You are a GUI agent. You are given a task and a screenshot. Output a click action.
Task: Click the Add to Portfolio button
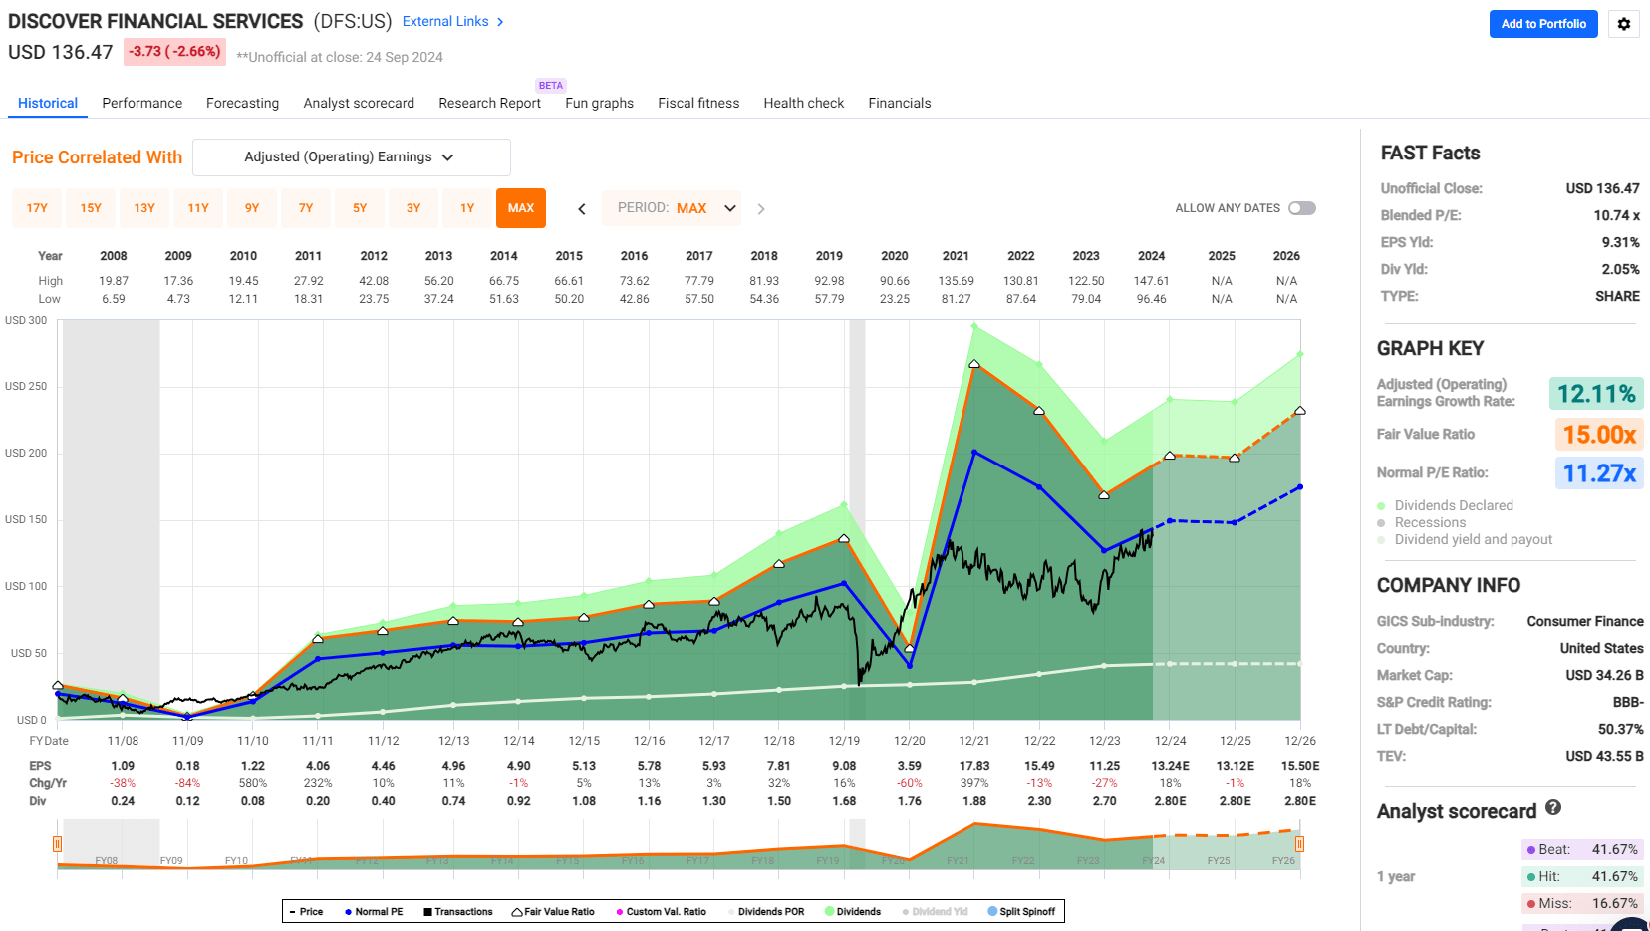coord(1542,24)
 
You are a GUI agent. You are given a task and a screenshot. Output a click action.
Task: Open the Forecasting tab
coord(242,103)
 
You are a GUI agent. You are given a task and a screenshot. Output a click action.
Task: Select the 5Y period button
coord(360,208)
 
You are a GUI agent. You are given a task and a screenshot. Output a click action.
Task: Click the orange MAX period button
coord(520,208)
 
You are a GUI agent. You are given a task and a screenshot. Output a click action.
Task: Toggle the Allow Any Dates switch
coord(1301,208)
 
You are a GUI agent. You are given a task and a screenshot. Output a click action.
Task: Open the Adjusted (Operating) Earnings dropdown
coord(351,157)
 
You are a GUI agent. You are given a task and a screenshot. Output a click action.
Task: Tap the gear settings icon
coord(1623,24)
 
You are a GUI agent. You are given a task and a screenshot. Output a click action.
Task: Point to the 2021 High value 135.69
coord(956,281)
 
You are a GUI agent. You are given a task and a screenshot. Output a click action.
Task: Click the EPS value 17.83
coord(973,766)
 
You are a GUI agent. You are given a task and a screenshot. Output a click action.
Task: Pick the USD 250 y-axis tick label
coord(26,386)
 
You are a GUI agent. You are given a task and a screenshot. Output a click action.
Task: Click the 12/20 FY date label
coord(909,741)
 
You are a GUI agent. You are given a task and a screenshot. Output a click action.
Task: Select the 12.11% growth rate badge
coord(1595,394)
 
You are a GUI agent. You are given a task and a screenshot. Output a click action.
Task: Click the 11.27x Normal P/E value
coord(1598,473)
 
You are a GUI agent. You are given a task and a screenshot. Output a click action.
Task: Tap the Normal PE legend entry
coord(374,911)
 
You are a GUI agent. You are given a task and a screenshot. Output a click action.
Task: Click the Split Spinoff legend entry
coord(1021,911)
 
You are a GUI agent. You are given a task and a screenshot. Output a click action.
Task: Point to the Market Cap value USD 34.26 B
coord(1603,675)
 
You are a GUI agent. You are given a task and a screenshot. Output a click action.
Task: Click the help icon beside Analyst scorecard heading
coord(1552,808)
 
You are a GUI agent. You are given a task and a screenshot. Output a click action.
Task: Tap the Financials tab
coord(899,103)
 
